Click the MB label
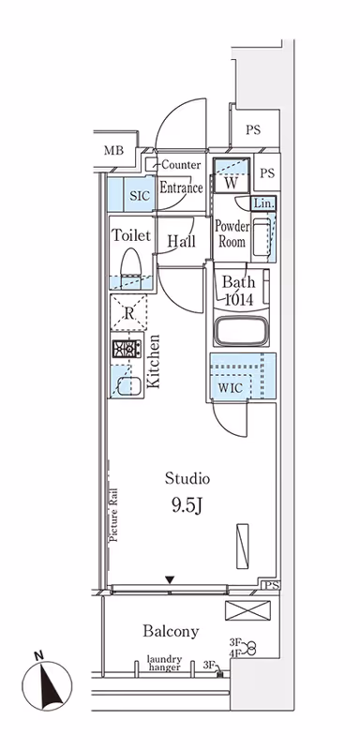113,151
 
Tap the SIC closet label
140,196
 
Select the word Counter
181,165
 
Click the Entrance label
181,187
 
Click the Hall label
182,241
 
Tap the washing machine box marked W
232,175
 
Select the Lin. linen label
263,203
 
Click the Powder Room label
232,233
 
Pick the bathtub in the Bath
241,331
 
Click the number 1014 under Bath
239,299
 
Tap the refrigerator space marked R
128,313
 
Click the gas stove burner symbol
127,349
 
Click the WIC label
232,387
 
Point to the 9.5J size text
187,506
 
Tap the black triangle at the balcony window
170,580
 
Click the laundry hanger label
164,663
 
